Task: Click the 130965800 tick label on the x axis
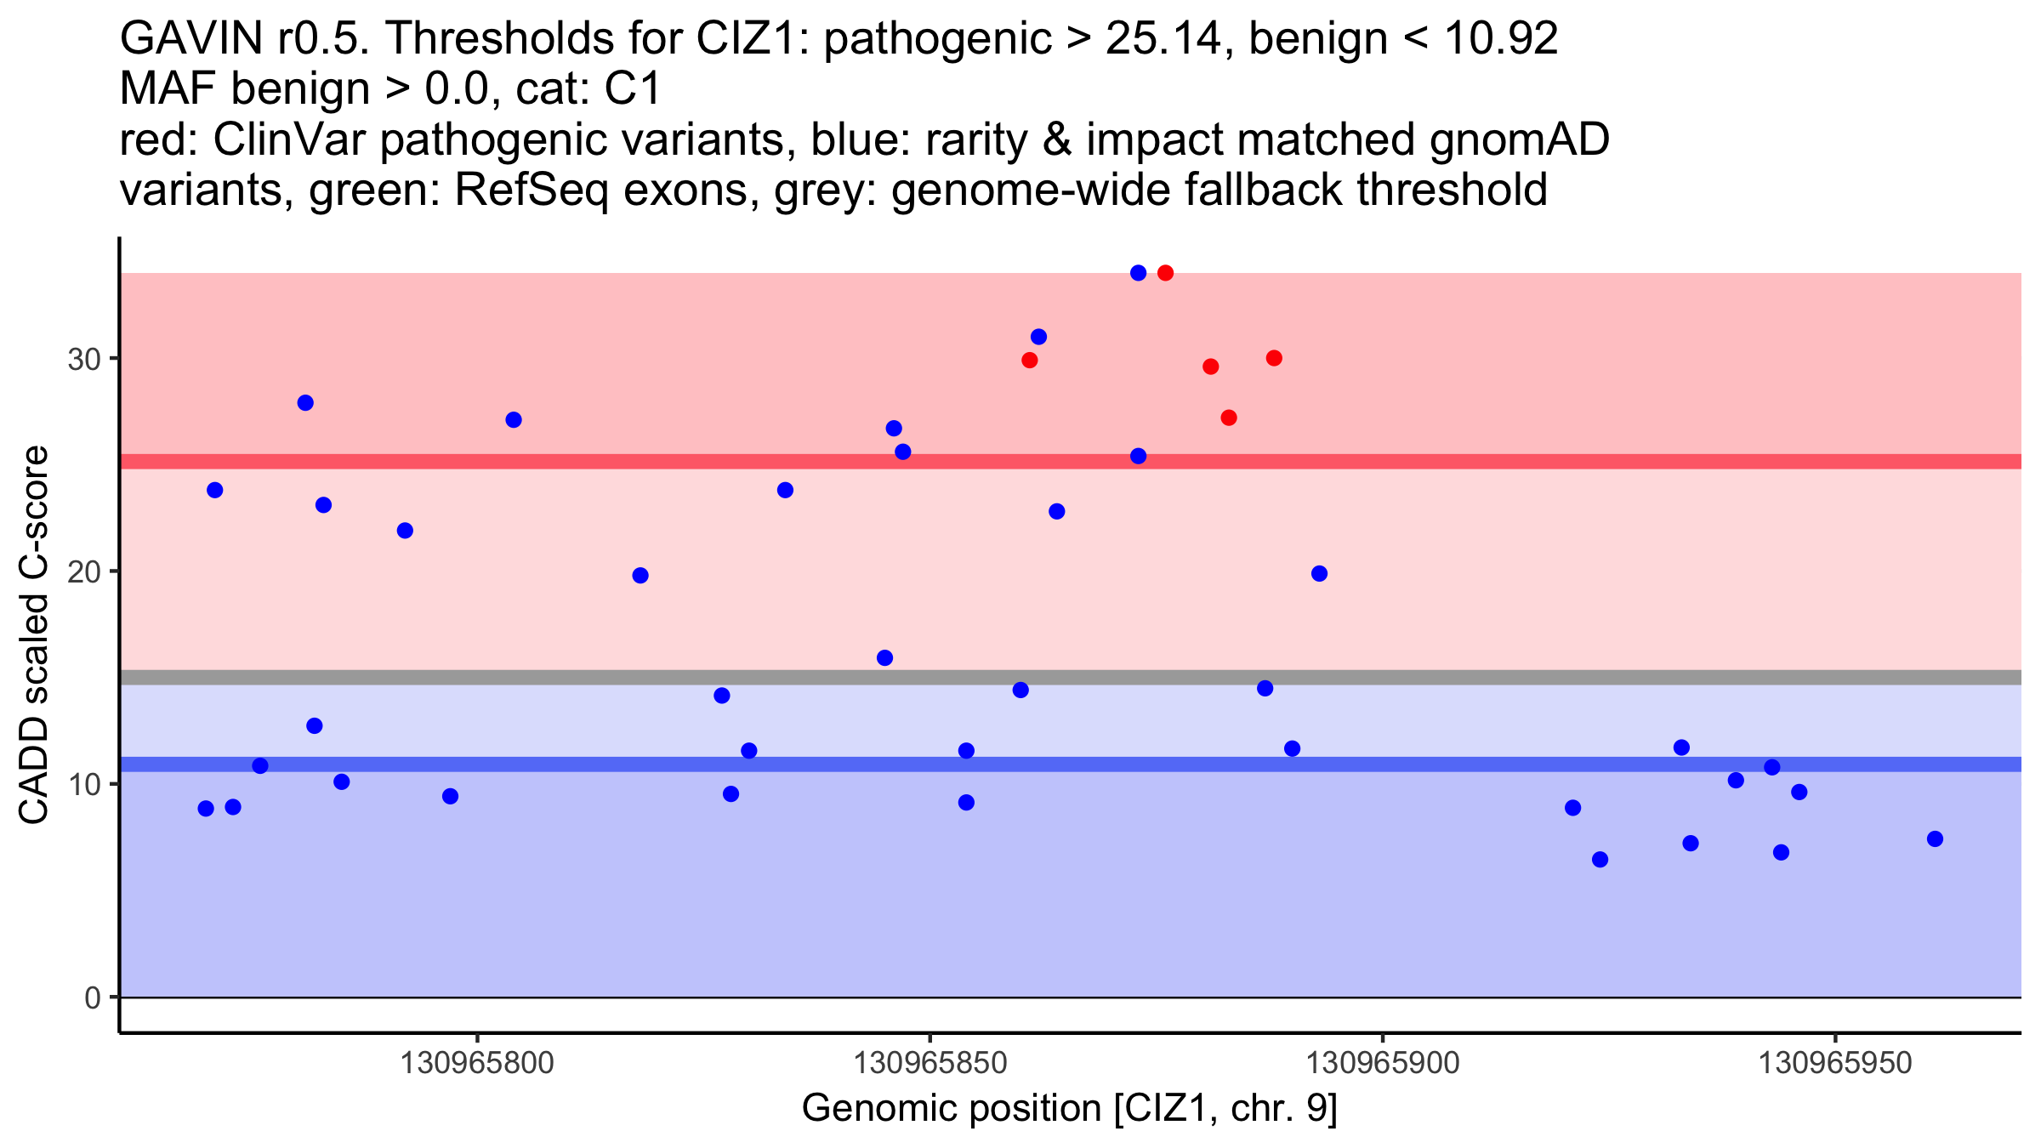coord(476,1062)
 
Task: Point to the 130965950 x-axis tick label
coord(1835,1062)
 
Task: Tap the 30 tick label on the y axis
coord(83,359)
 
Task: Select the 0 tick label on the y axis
coord(92,997)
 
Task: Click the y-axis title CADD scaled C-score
coord(34,635)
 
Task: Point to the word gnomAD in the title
coord(1519,139)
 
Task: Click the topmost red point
coord(1165,273)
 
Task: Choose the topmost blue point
coord(1138,273)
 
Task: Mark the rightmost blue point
coord(1935,839)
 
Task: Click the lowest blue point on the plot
coord(1600,860)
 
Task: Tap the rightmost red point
coord(1274,358)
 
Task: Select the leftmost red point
coord(1029,361)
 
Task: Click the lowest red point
coord(1228,418)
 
